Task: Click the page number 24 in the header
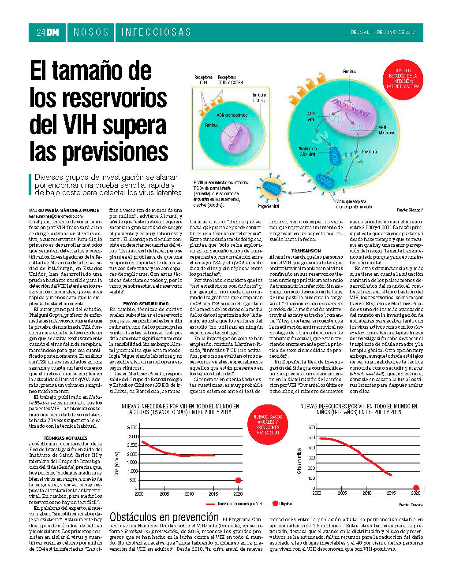tap(41, 32)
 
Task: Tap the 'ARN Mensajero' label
tap(386, 130)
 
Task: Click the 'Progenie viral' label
tap(268, 206)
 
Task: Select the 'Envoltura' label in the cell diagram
tap(369, 152)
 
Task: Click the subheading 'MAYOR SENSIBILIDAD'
tap(146, 304)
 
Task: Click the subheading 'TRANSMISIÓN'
tap(309, 250)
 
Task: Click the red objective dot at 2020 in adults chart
tap(238, 480)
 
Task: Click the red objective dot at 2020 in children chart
tap(416, 488)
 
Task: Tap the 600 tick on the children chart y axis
tap(311, 428)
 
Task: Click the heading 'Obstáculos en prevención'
tap(164, 517)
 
